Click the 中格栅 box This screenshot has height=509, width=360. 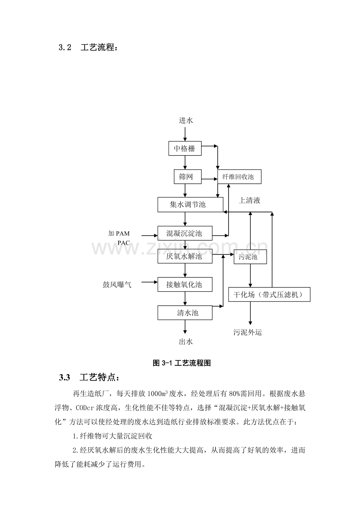coord(185,149)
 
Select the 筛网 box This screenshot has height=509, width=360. coord(187,177)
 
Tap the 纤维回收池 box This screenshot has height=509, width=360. coord(239,177)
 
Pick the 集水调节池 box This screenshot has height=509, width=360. coord(190,205)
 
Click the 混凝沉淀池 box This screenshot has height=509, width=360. coord(185,233)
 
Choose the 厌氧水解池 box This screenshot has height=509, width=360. coord(185,256)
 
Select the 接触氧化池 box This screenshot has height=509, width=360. coord(185,285)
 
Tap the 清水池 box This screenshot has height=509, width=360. coord(185,313)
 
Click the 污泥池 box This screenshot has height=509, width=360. coord(250,257)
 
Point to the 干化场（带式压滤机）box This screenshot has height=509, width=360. coord(269,295)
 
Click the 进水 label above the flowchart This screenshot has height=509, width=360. coord(186,120)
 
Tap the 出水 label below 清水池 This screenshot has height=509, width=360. coord(186,342)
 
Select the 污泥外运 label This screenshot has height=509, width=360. coord(248,332)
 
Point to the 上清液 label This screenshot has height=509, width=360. coord(250,201)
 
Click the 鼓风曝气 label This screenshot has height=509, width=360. coord(117,285)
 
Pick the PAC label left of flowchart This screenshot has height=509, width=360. coord(124,243)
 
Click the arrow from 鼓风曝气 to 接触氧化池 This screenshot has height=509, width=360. coord(149,282)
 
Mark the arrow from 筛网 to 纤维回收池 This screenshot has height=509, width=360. coord(209,179)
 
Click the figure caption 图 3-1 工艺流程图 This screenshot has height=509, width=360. coord(182,363)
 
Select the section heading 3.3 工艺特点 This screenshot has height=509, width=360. coord(89,378)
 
